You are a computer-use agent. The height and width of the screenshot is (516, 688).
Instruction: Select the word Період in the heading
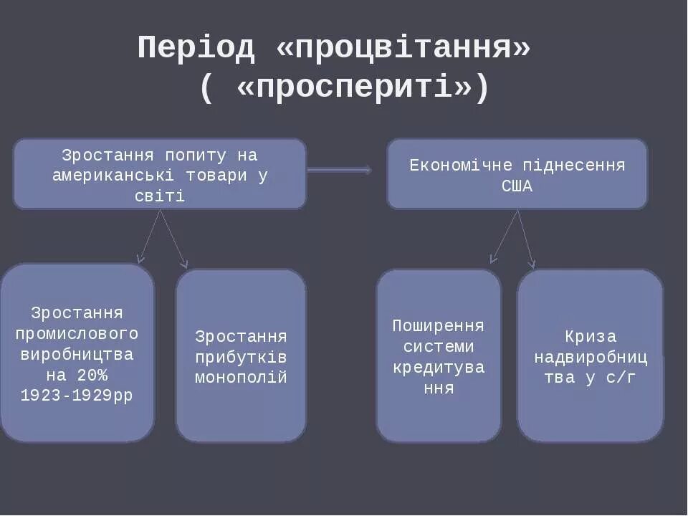point(196,48)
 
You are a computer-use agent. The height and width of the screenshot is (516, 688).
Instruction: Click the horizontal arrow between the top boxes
point(339,170)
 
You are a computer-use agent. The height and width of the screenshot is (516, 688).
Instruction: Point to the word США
point(517,186)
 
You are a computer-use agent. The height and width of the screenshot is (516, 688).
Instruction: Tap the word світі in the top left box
point(159,196)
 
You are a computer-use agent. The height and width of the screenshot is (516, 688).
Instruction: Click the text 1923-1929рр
point(77,396)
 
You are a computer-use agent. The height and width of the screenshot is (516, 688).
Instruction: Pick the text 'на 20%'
point(77,375)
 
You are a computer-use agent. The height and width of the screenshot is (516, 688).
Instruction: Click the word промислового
point(77,333)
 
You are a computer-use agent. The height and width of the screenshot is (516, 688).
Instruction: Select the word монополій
point(241,378)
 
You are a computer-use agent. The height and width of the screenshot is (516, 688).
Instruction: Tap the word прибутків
point(241,357)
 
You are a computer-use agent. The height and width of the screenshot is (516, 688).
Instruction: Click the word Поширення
point(438,326)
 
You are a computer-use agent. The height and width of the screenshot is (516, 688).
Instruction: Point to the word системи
point(438,347)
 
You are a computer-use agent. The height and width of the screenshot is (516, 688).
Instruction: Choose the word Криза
point(590,336)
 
